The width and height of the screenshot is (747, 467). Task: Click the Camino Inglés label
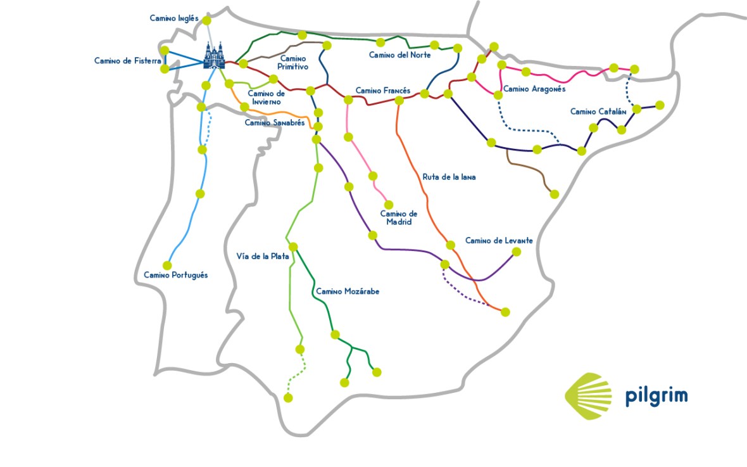pos(174,18)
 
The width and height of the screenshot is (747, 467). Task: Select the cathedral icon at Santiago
pos(214,56)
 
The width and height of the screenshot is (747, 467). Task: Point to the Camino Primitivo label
pos(293,62)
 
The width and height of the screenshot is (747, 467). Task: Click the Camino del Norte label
pos(399,55)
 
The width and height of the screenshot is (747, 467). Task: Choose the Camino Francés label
pos(382,91)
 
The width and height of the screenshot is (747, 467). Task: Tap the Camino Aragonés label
pos(534,89)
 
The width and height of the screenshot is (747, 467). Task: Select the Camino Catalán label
pos(598,112)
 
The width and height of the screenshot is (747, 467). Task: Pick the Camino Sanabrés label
pos(275,122)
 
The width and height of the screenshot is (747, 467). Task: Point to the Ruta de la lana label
pos(449,177)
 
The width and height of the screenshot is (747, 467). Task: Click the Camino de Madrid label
pos(398,217)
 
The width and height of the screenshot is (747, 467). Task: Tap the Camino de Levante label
pos(499,241)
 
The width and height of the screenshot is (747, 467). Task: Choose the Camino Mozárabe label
pos(347,291)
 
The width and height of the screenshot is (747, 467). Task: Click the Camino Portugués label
pos(175,275)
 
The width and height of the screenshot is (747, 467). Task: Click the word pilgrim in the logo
pos(656,397)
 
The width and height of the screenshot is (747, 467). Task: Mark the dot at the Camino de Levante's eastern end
pos(516,252)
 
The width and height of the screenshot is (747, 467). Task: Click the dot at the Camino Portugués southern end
pos(167,265)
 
